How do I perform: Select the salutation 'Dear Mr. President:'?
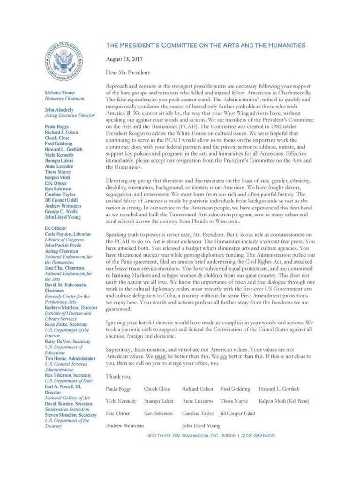(128, 73)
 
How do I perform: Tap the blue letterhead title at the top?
(206, 45)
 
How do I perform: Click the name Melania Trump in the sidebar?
(60, 93)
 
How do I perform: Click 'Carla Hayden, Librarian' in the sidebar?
(68, 233)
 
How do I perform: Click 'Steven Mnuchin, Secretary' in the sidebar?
(70, 415)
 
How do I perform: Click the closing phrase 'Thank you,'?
(119, 376)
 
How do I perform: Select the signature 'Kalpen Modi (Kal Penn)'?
(284, 401)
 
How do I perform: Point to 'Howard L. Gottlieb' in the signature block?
(278, 389)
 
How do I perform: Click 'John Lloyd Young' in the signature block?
(201, 426)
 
